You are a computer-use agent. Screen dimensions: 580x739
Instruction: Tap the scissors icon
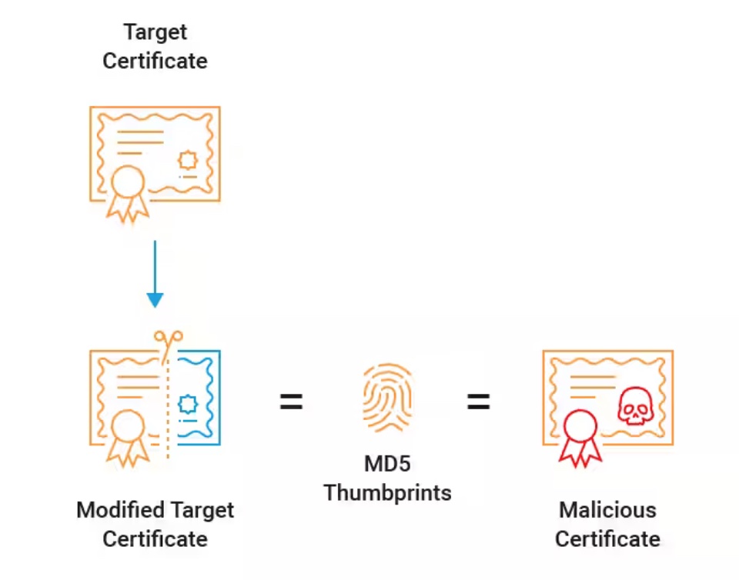click(168, 339)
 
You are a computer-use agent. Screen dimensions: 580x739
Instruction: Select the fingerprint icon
click(387, 398)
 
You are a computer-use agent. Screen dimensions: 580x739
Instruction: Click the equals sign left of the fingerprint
click(291, 401)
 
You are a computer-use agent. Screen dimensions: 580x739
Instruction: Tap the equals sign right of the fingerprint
click(478, 401)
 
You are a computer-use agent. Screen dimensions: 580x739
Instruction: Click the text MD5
click(387, 465)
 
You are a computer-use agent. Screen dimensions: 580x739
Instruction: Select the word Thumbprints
click(387, 492)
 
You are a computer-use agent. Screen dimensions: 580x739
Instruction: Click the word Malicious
click(607, 509)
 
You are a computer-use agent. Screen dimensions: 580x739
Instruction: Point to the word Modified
click(121, 509)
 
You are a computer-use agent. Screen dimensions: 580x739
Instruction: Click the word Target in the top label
click(155, 32)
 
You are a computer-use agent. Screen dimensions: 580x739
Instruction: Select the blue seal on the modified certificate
click(188, 403)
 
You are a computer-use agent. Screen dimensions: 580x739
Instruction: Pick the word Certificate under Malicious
click(607, 538)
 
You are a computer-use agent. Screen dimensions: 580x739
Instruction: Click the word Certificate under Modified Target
click(155, 538)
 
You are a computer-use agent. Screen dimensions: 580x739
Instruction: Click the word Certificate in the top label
click(155, 61)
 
